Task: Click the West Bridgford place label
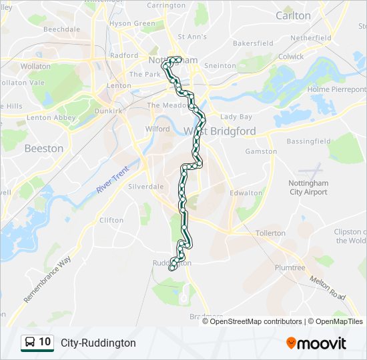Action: tap(220, 131)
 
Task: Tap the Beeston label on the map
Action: tap(44, 148)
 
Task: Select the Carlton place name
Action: tap(293, 15)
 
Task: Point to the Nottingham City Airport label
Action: tap(308, 187)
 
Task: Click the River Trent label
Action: tap(111, 181)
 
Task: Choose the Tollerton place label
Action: tap(270, 233)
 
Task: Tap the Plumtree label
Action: tap(290, 267)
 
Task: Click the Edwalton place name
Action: tap(246, 193)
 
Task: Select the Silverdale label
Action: tap(146, 187)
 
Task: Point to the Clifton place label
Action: tap(111, 220)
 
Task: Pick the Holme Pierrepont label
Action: tap(337, 89)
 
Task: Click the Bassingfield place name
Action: tap(308, 141)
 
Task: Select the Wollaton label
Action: tap(35, 67)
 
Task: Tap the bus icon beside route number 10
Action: tap(30, 342)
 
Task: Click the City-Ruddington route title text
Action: tap(98, 343)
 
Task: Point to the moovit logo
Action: tap(316, 343)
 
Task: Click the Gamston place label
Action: tap(262, 151)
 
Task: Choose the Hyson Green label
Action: tap(132, 23)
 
